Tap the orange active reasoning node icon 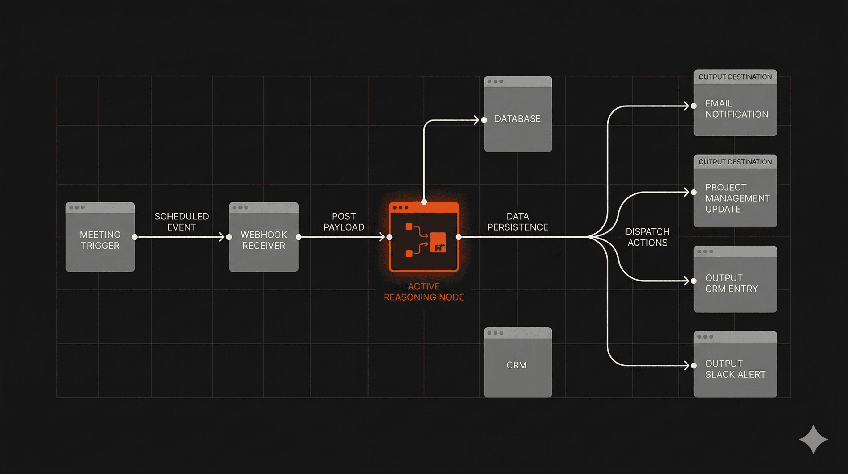(424, 237)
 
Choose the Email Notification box (735, 109)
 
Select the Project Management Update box (735, 198)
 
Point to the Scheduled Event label (182, 222)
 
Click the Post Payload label (344, 222)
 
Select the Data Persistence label (517, 222)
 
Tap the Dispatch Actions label (647, 237)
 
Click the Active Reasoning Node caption (424, 292)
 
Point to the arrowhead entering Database (477, 120)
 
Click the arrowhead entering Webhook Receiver (222, 237)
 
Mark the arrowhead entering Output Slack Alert (686, 366)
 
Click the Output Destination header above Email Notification (735, 77)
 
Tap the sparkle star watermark (813, 439)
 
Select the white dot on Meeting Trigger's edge (135, 237)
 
